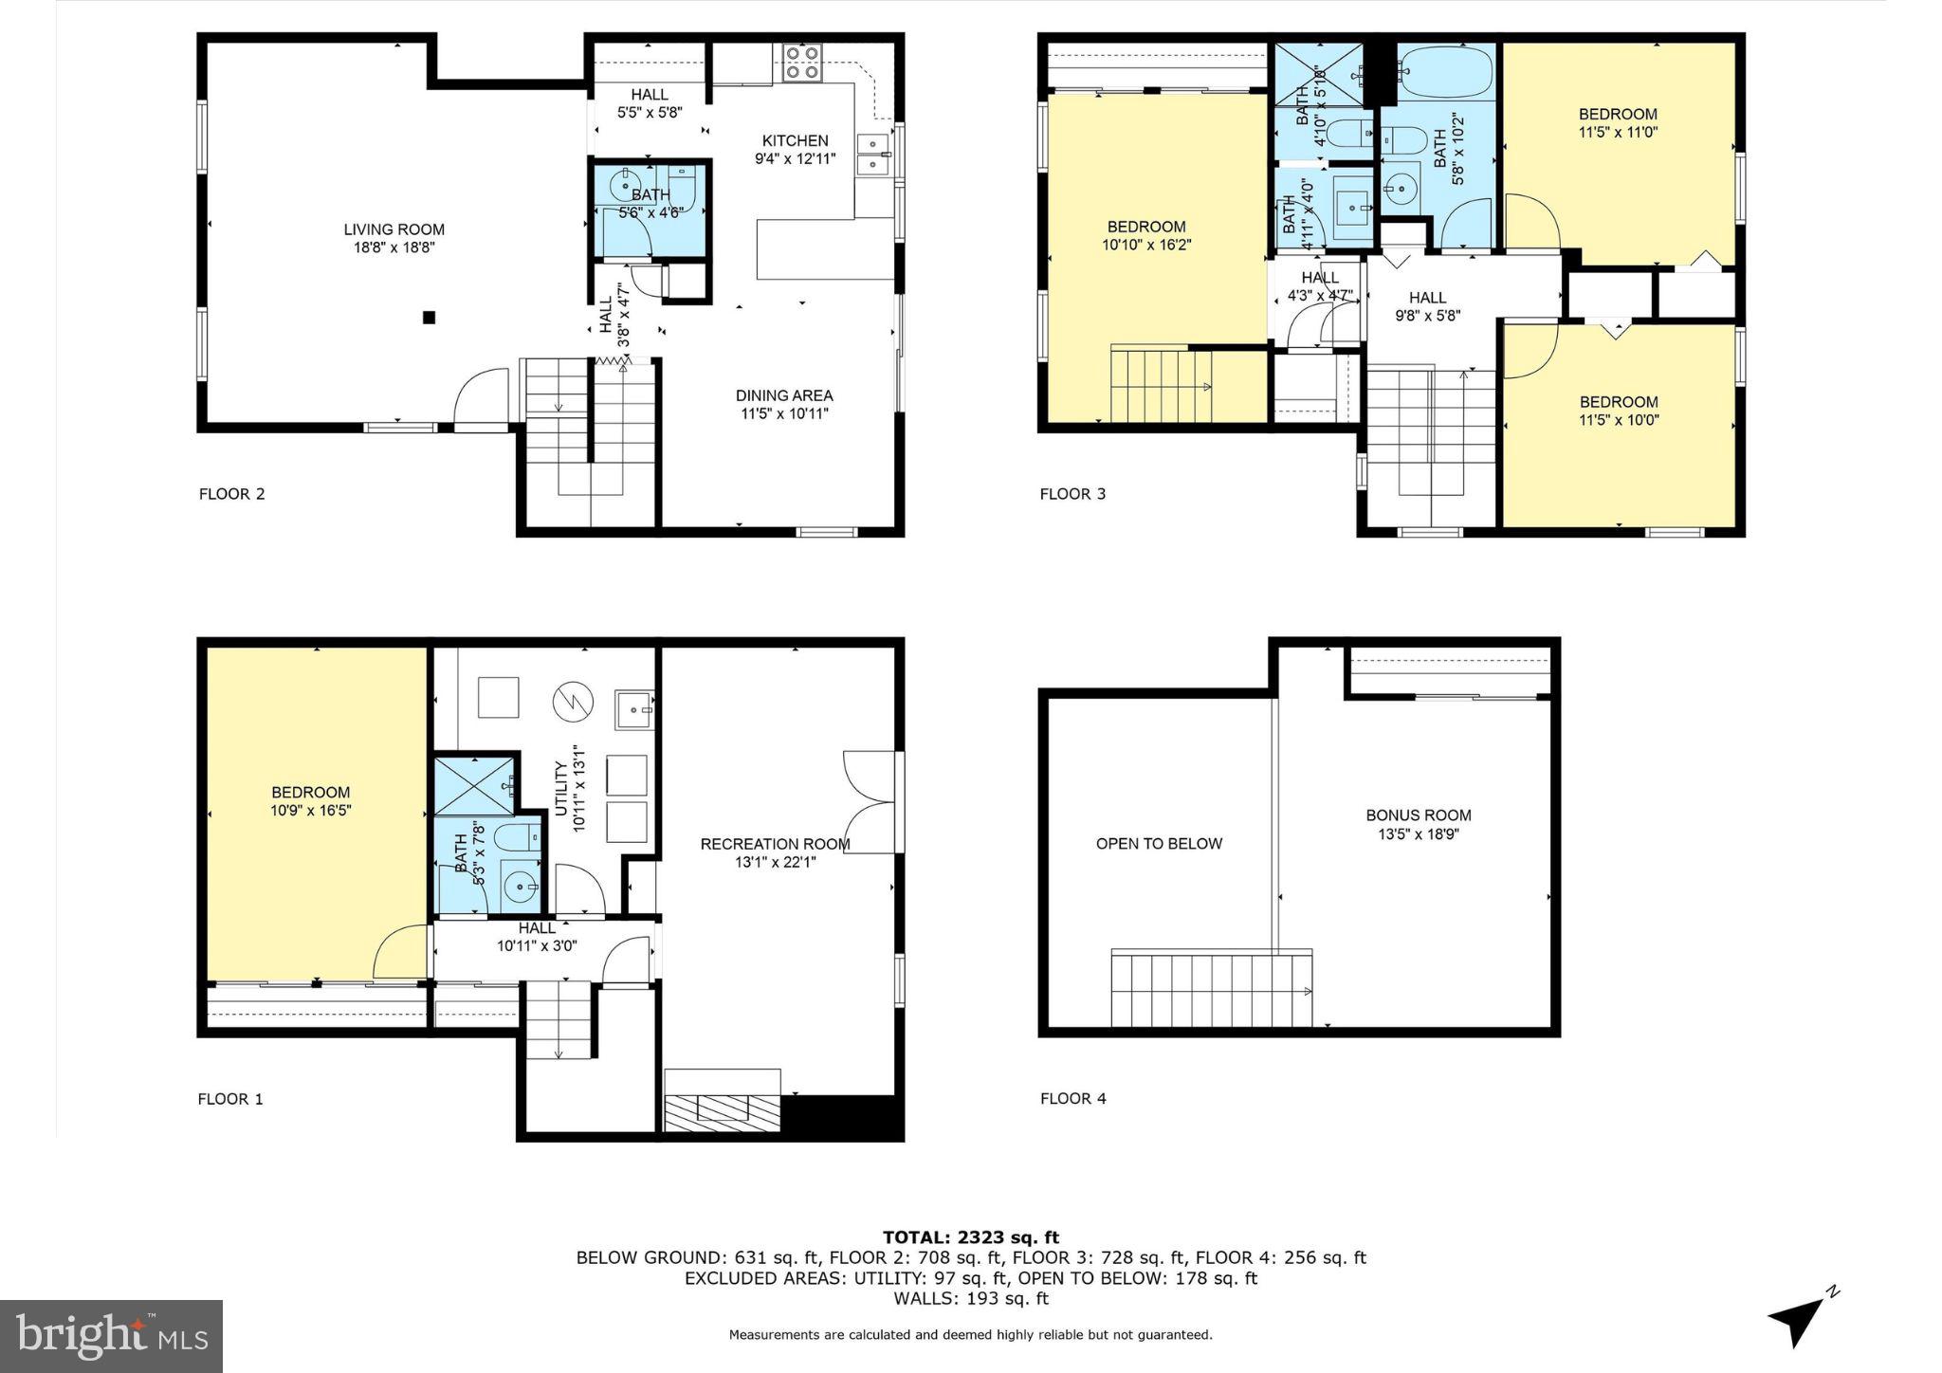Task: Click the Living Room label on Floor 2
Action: coord(394,229)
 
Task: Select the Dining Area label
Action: coord(784,395)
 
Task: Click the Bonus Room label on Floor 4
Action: coord(1418,815)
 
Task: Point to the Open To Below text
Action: coord(1159,844)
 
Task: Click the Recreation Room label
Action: coord(775,844)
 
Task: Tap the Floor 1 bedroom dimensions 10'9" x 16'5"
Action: coord(310,811)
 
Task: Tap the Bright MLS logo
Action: coord(112,1336)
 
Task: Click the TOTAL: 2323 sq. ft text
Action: coord(970,1236)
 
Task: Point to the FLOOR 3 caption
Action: coord(1072,494)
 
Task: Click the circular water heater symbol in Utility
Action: coord(572,701)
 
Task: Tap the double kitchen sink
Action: coord(873,155)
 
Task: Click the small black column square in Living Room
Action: coord(429,318)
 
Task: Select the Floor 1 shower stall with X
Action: coord(476,785)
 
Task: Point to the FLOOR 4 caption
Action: coord(1072,1099)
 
